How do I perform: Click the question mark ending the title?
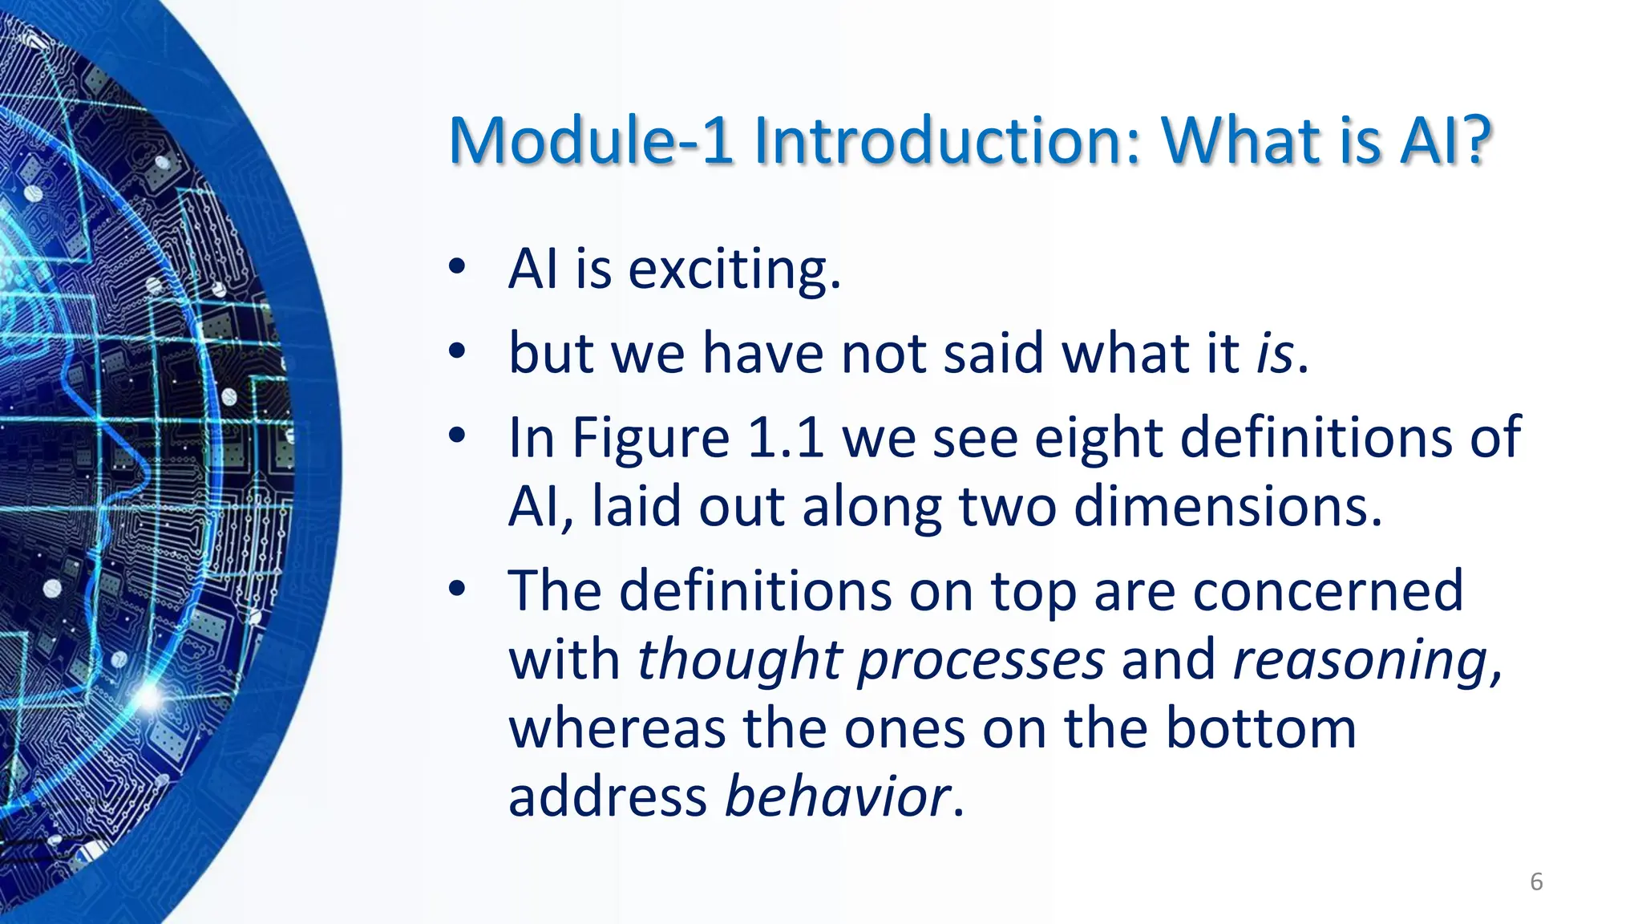point(1474,141)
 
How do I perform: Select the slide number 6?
point(1536,881)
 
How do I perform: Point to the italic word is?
point(1275,354)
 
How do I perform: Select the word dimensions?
point(1227,508)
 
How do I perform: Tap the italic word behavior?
point(838,797)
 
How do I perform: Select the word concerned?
point(1328,591)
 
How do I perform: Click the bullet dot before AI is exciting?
point(456,268)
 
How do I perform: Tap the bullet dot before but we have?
point(456,351)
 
